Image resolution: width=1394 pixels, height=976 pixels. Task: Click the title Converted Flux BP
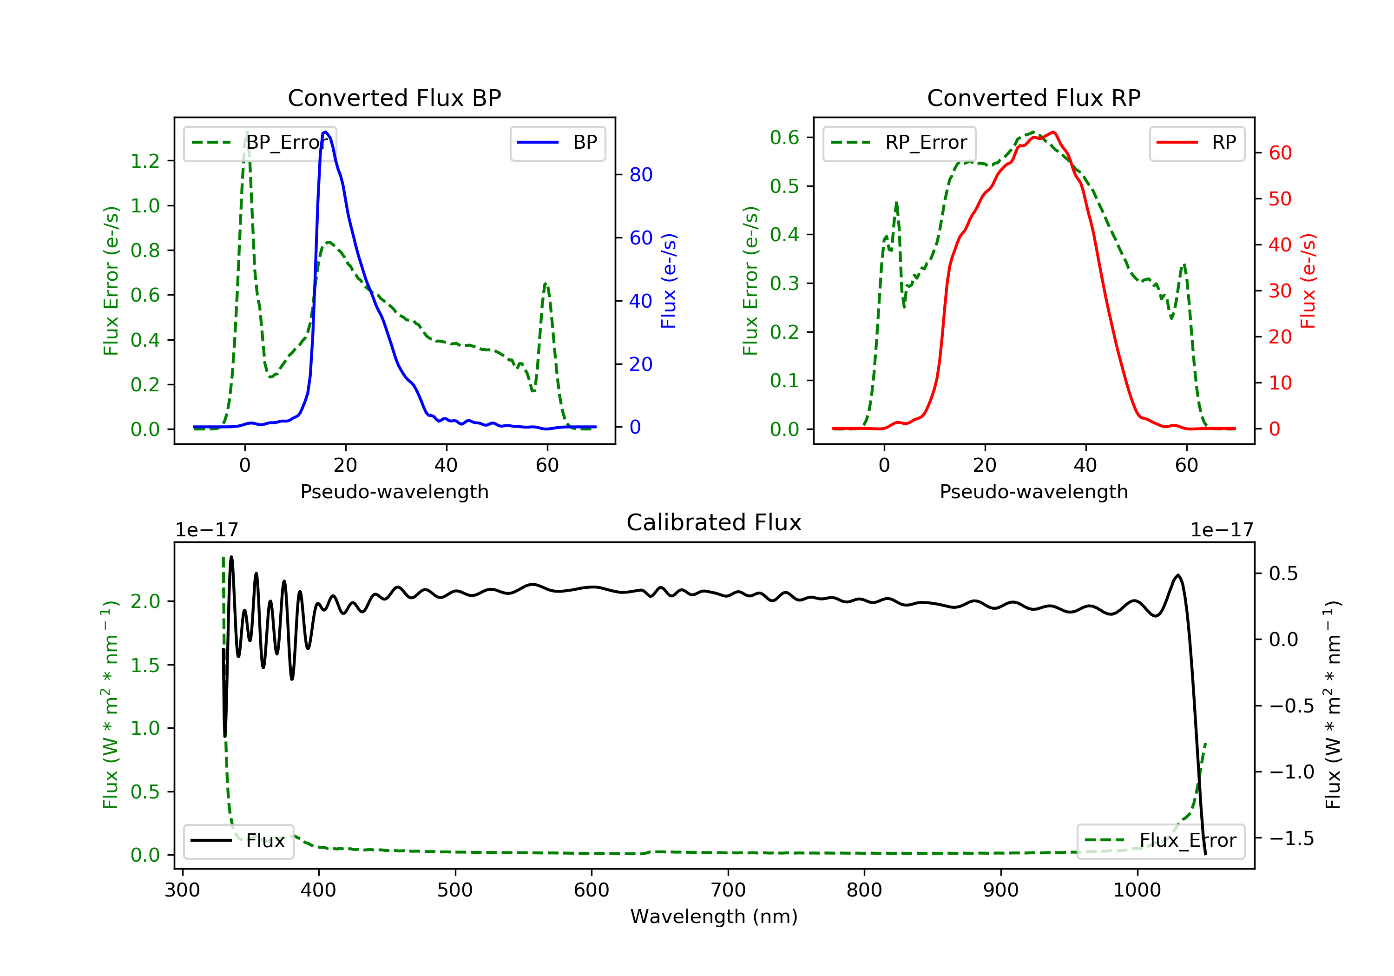click(x=394, y=98)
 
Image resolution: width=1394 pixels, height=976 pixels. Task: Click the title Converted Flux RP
click(x=1033, y=98)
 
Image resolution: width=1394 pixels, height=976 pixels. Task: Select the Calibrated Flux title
click(x=714, y=522)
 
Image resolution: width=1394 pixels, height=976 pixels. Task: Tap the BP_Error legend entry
click(x=260, y=143)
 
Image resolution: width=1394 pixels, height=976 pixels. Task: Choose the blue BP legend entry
click(x=557, y=143)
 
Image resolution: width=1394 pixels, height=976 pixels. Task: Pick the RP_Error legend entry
click(x=899, y=143)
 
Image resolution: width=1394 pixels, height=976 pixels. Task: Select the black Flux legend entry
click(x=238, y=841)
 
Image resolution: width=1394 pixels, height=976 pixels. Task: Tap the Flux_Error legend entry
click(x=1160, y=841)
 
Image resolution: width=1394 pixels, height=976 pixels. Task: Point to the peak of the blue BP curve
click(x=325, y=132)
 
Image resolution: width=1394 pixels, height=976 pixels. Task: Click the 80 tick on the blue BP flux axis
click(x=640, y=175)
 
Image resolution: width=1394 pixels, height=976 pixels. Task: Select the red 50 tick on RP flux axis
click(x=1280, y=198)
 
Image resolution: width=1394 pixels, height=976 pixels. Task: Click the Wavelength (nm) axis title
click(x=714, y=917)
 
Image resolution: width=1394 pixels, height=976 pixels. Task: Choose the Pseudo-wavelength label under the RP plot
click(x=1033, y=491)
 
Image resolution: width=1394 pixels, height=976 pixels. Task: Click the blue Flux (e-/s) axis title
click(x=669, y=281)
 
